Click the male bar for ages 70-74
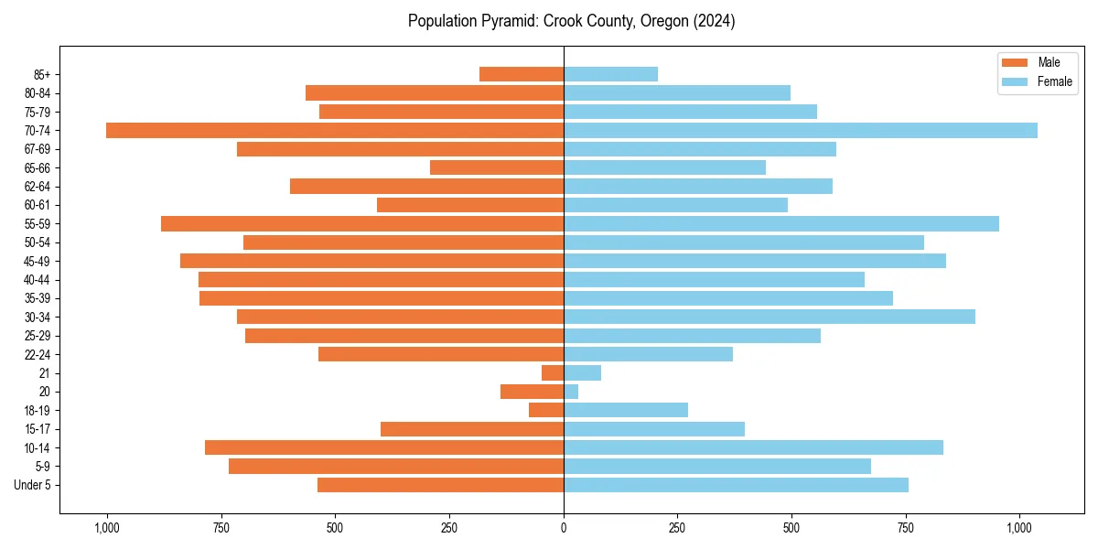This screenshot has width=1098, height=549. click(335, 131)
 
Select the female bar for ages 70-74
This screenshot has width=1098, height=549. click(801, 131)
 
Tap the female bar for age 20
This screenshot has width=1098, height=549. click(571, 392)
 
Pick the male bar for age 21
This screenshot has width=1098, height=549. click(553, 373)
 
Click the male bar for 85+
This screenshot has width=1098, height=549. click(522, 74)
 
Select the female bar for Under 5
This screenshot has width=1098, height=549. click(736, 485)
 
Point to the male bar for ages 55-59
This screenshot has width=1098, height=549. click(362, 224)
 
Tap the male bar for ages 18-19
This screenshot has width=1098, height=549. click(546, 411)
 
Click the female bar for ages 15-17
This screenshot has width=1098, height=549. click(654, 429)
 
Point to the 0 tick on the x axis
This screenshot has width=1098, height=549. click(564, 529)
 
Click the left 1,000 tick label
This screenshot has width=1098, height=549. click(107, 529)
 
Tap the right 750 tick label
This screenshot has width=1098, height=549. click(906, 529)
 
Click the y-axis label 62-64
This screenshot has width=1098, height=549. click(38, 187)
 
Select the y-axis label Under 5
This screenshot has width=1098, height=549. click(33, 485)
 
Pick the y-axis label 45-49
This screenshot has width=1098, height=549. click(38, 262)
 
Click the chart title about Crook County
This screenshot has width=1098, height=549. click(571, 21)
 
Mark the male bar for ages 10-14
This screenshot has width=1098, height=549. click(384, 447)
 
